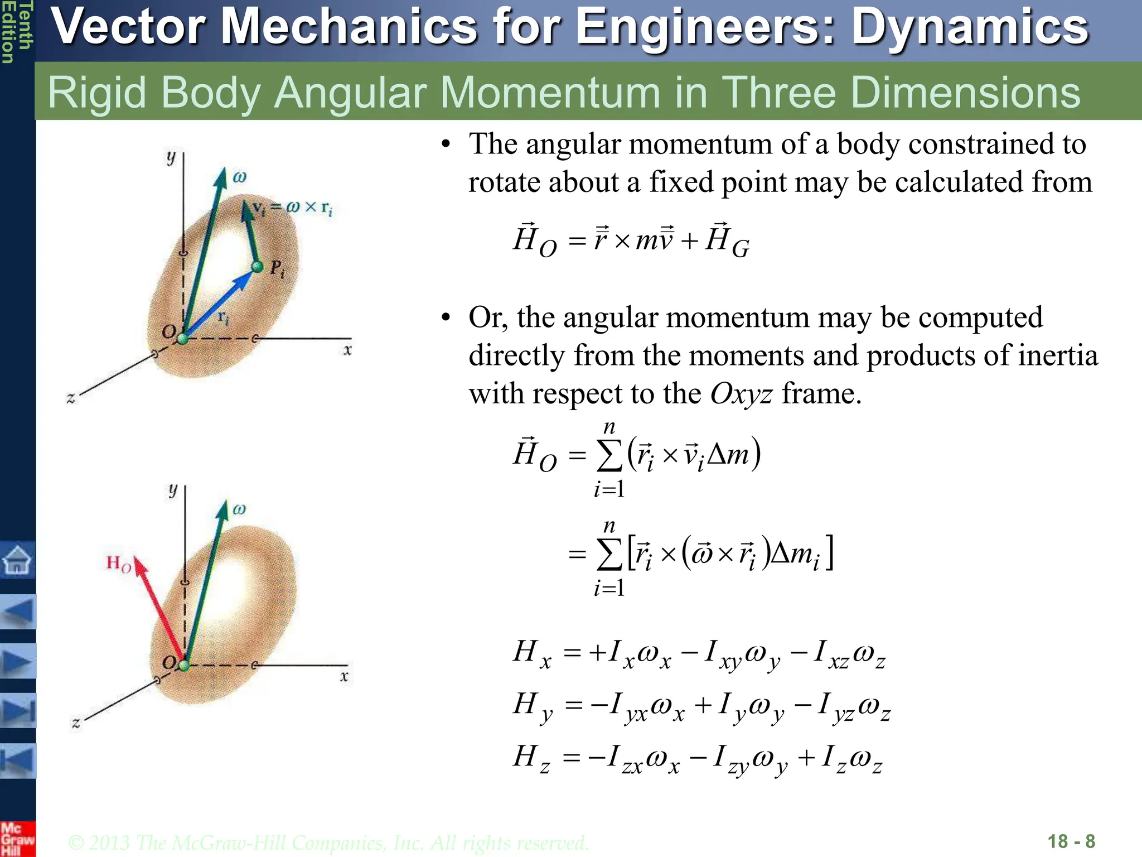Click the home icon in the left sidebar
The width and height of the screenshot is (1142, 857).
[17, 560]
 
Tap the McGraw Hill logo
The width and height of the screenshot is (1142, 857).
[17, 839]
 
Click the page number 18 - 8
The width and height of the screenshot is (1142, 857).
[1071, 841]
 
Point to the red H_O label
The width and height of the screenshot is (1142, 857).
[119, 563]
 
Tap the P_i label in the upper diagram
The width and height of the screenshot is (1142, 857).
[277, 269]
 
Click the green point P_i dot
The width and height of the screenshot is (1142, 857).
[257, 267]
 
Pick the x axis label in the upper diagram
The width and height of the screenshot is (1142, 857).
[347, 350]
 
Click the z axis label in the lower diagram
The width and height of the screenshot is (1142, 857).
[76, 724]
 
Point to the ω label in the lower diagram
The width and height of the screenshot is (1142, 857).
[239, 509]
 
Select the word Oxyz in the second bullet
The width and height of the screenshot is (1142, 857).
[741, 394]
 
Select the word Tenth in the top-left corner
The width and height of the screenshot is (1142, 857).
[25, 25]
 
